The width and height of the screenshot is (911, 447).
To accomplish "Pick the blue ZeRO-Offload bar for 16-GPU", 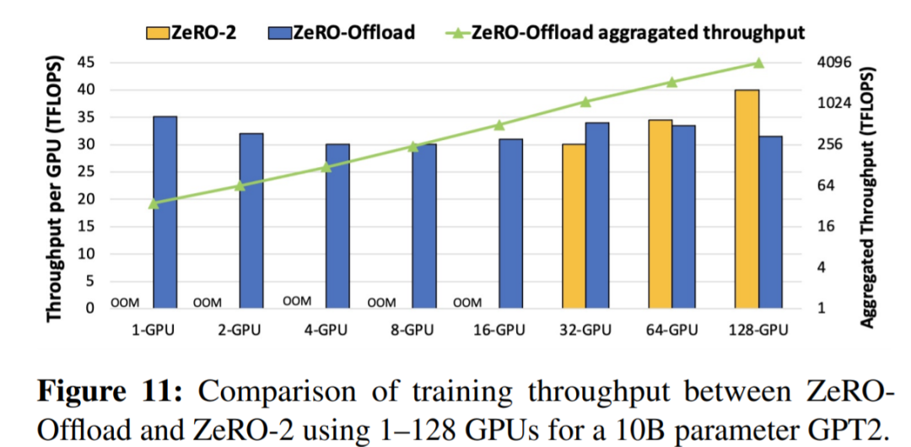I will coord(510,223).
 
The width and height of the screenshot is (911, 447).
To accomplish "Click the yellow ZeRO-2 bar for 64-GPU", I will coord(660,214).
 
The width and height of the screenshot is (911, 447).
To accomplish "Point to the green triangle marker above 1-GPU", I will coord(154,203).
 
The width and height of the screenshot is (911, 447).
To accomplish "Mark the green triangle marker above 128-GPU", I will coord(758,63).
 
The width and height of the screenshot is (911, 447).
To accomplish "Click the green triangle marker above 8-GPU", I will coord(412,147).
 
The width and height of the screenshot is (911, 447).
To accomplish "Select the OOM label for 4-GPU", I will coord(297,300).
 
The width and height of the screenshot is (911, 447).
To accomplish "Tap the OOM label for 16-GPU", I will coord(468,302).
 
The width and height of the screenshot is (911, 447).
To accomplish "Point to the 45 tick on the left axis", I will coord(84,62).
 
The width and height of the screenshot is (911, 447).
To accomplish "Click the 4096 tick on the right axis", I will coord(834,62).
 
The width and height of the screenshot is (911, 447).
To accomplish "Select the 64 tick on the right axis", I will coord(827,186).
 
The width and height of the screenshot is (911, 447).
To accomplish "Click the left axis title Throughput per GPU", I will coord(55,189).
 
